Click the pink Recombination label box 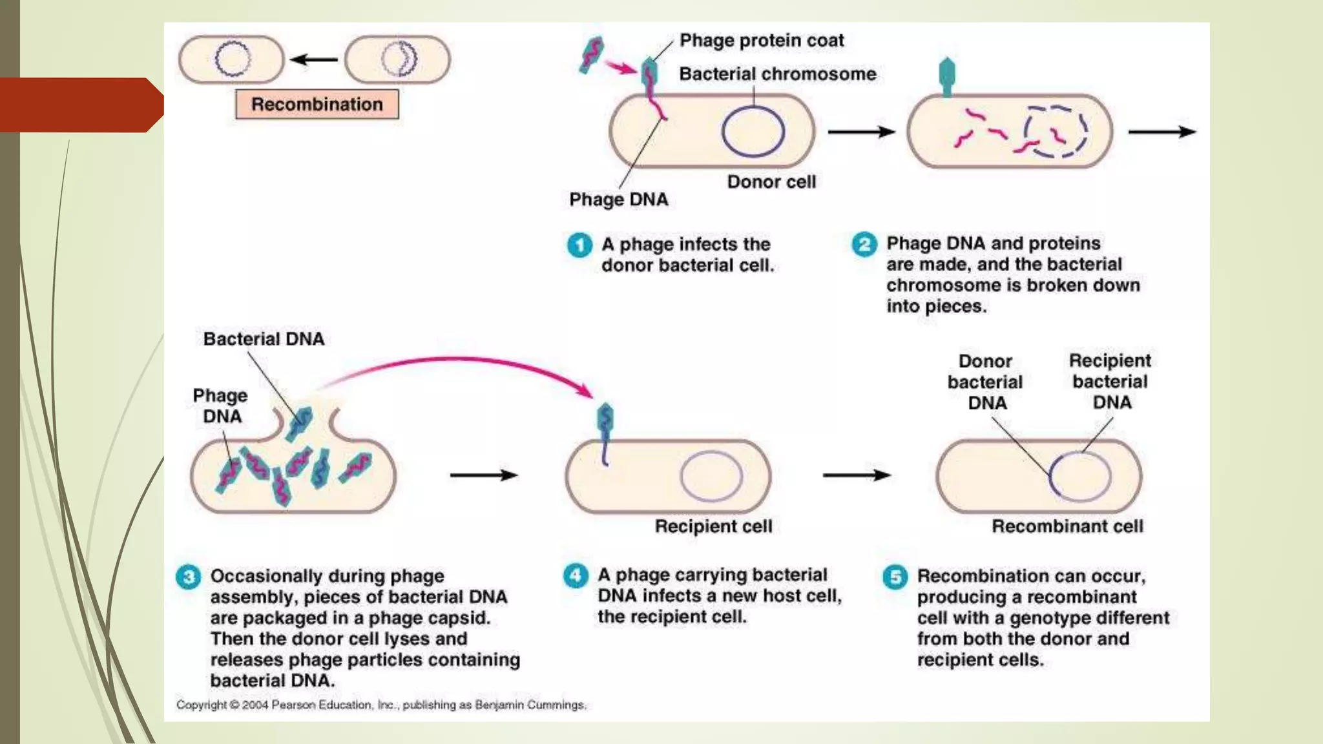click(317, 104)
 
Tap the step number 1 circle click(579, 245)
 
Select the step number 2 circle click(864, 245)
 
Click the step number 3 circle click(188, 576)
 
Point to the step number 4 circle click(575, 575)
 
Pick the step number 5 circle click(895, 576)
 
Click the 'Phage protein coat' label click(762, 41)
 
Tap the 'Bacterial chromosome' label click(777, 74)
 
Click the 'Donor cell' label click(771, 182)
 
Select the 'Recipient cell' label click(713, 526)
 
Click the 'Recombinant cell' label click(1067, 526)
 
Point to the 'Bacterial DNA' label click(264, 339)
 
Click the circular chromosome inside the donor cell click(753, 131)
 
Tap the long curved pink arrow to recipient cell click(465, 362)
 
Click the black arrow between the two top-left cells click(315, 60)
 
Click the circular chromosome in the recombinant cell click(1079, 477)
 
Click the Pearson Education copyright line click(381, 705)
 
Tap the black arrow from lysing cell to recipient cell click(483, 475)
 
